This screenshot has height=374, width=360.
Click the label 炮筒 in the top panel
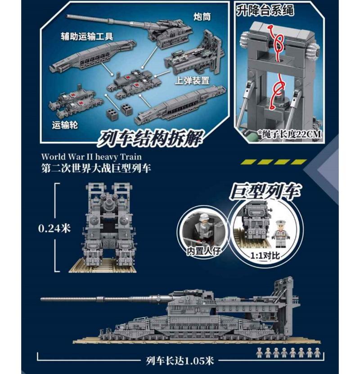[202, 17]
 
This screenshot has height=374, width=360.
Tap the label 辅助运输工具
[87, 36]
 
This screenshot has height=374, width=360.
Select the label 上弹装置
[192, 81]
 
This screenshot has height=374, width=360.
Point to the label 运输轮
[65, 125]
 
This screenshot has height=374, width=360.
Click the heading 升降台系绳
[265, 10]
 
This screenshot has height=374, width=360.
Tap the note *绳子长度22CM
[289, 134]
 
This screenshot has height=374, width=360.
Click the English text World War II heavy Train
[91, 157]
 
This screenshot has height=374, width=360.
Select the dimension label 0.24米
[54, 228]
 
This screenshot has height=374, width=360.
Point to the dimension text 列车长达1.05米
[180, 361]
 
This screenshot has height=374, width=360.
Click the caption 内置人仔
[203, 251]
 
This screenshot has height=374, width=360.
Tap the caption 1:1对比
[265, 256]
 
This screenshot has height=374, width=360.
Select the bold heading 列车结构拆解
[150, 138]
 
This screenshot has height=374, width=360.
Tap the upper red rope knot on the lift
[277, 43]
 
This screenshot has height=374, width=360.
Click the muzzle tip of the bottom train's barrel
[41, 299]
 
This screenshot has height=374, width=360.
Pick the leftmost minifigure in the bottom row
[259, 353]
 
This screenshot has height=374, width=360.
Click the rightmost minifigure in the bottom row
[317, 353]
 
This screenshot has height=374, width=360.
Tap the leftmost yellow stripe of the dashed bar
[247, 162]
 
